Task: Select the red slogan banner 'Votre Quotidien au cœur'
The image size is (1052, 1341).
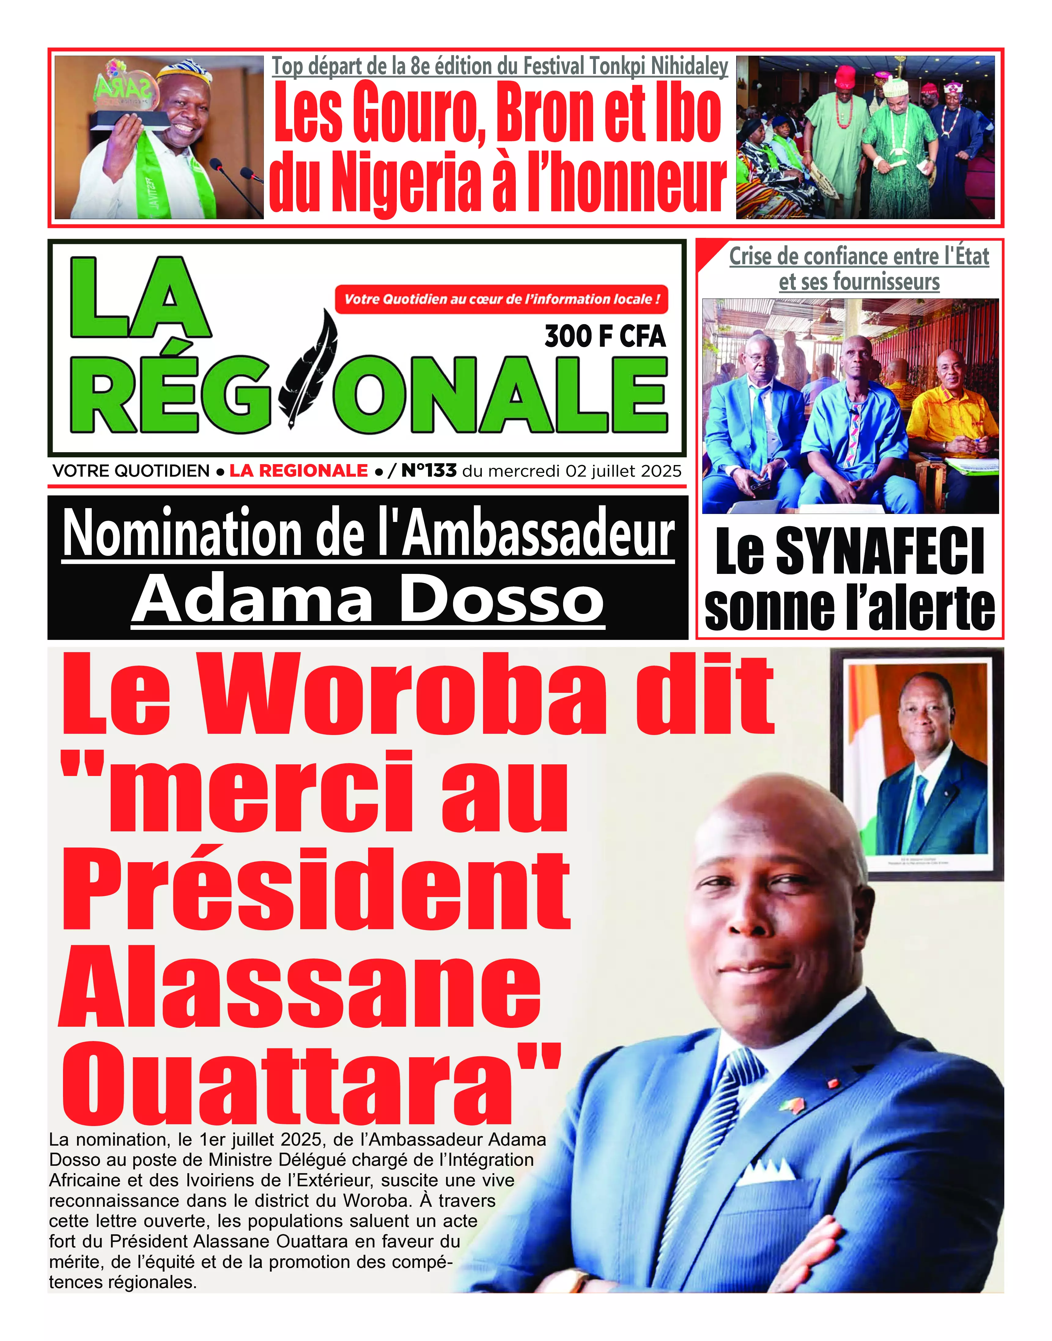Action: click(x=501, y=299)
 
